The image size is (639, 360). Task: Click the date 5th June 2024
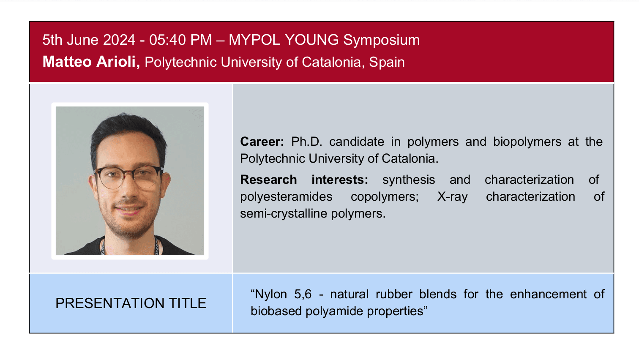click(89, 40)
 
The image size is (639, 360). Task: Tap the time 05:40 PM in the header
click(180, 40)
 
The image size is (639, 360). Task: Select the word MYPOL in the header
click(254, 40)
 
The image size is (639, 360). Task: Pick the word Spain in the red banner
click(387, 62)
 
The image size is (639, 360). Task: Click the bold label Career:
click(262, 142)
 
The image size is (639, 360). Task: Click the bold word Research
click(268, 180)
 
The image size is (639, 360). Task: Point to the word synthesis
click(408, 180)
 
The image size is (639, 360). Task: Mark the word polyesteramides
click(286, 196)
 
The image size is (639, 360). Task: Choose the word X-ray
click(452, 196)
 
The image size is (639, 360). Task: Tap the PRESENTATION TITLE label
click(131, 303)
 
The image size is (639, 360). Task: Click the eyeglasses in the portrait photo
click(128, 176)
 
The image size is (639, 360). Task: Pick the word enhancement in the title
click(548, 294)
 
